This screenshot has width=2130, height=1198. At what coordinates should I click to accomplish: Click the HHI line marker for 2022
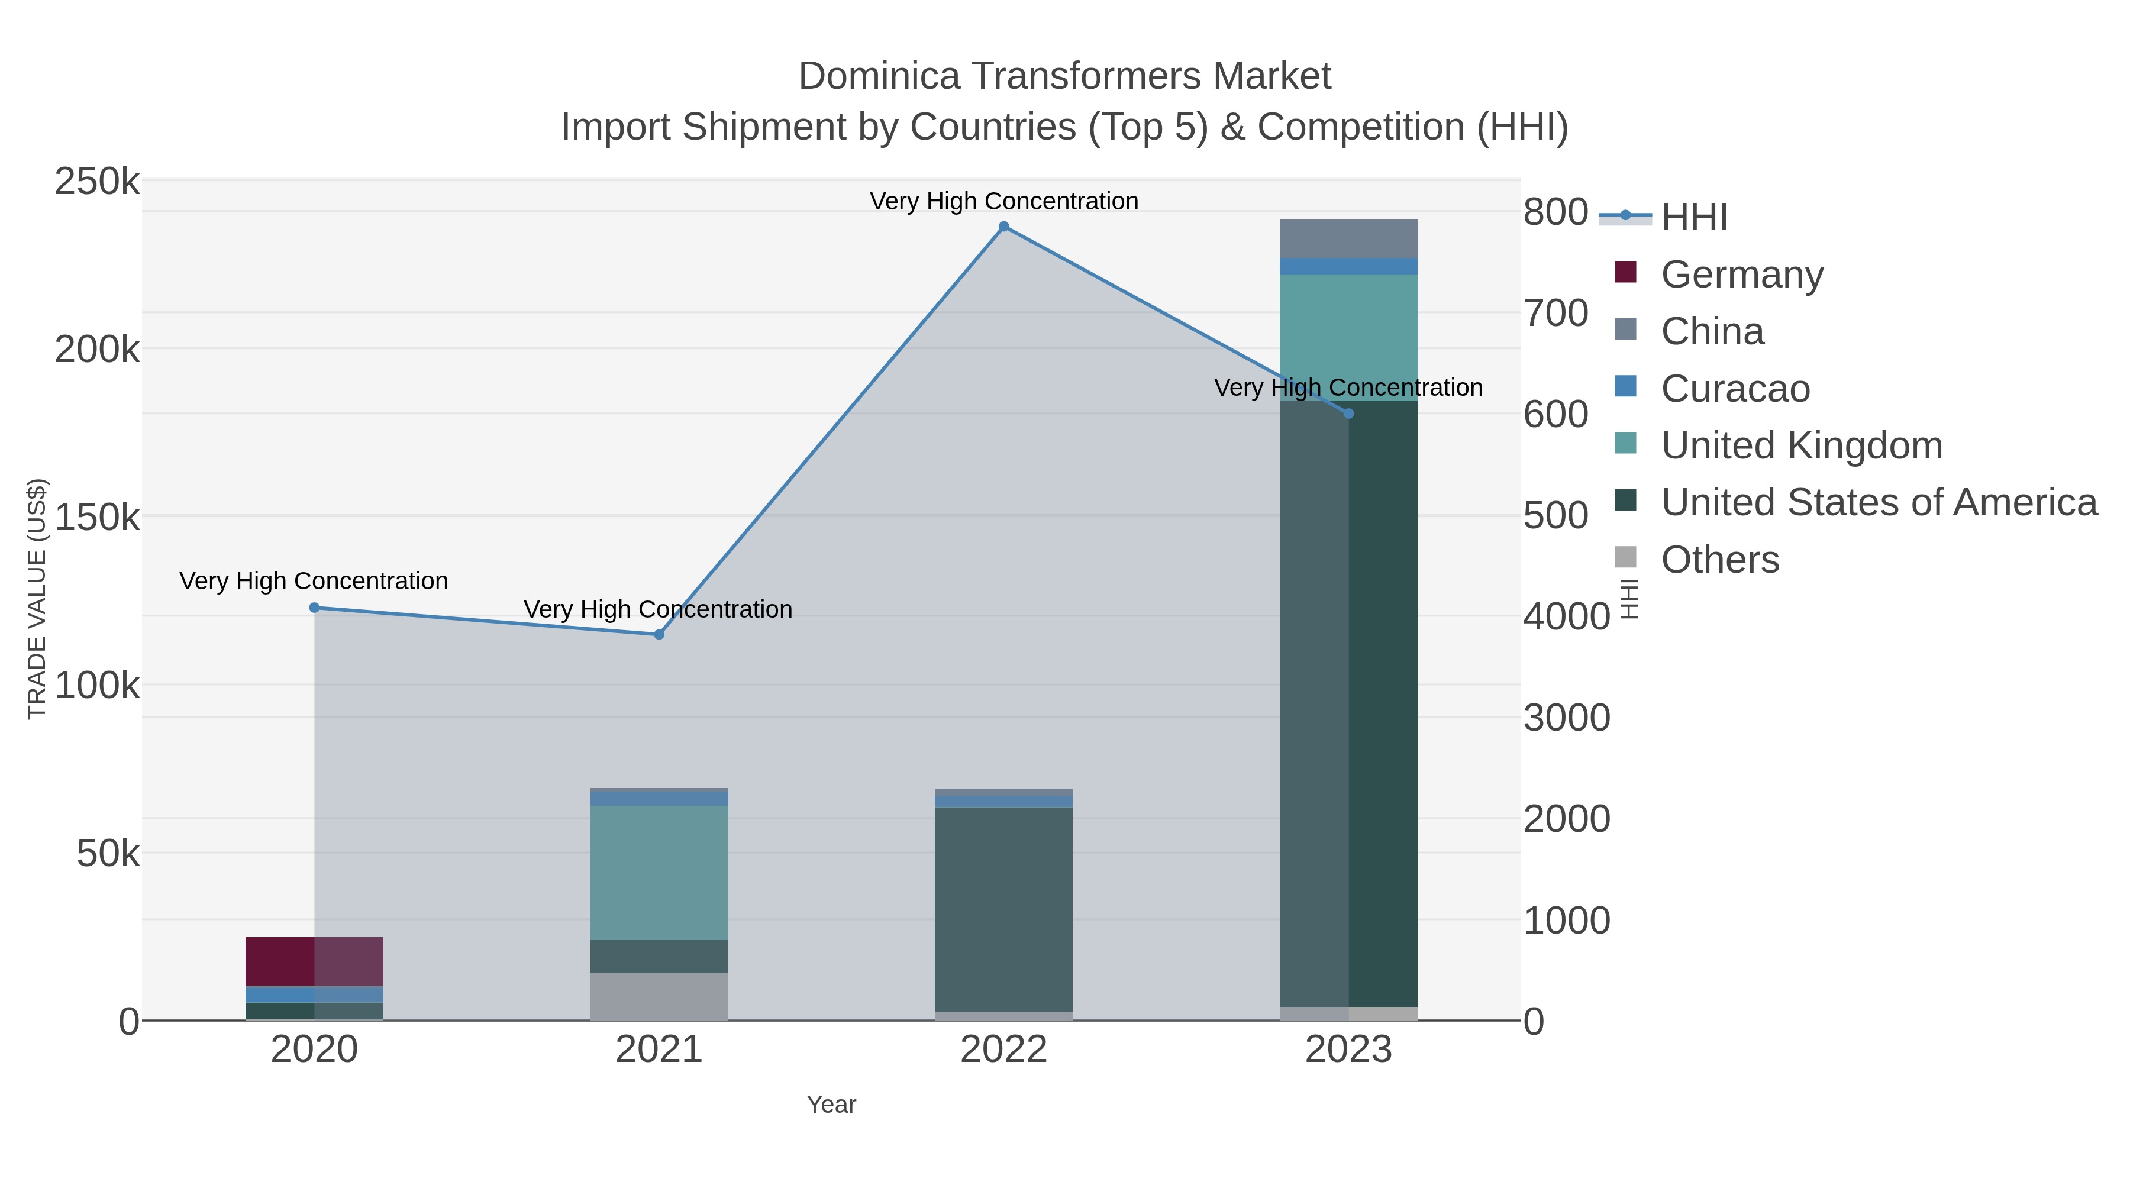point(1004,227)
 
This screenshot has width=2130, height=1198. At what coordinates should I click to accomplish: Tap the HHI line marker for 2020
point(314,608)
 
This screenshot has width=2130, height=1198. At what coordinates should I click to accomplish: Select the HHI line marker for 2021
point(659,635)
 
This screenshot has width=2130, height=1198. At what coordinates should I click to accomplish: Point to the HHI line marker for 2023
point(1348,414)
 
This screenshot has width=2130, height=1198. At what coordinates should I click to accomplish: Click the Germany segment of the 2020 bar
point(314,961)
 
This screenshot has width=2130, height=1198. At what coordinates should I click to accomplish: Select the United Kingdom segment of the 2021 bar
point(659,872)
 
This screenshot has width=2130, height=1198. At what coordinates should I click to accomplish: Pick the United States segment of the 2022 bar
point(1004,909)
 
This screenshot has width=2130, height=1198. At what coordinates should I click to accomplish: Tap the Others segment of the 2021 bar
point(659,996)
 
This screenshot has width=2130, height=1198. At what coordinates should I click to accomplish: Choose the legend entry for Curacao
point(1735,389)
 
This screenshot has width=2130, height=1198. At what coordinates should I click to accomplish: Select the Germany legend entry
point(1741,275)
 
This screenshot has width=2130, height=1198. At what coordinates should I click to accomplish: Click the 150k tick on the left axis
point(97,518)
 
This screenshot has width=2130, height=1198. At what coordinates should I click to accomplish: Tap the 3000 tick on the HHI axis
point(1566,718)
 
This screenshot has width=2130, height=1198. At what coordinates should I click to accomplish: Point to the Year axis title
point(831,1105)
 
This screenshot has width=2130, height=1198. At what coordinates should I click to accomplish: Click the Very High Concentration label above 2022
point(1004,201)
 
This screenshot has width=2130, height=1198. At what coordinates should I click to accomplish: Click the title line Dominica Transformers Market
point(1064,76)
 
